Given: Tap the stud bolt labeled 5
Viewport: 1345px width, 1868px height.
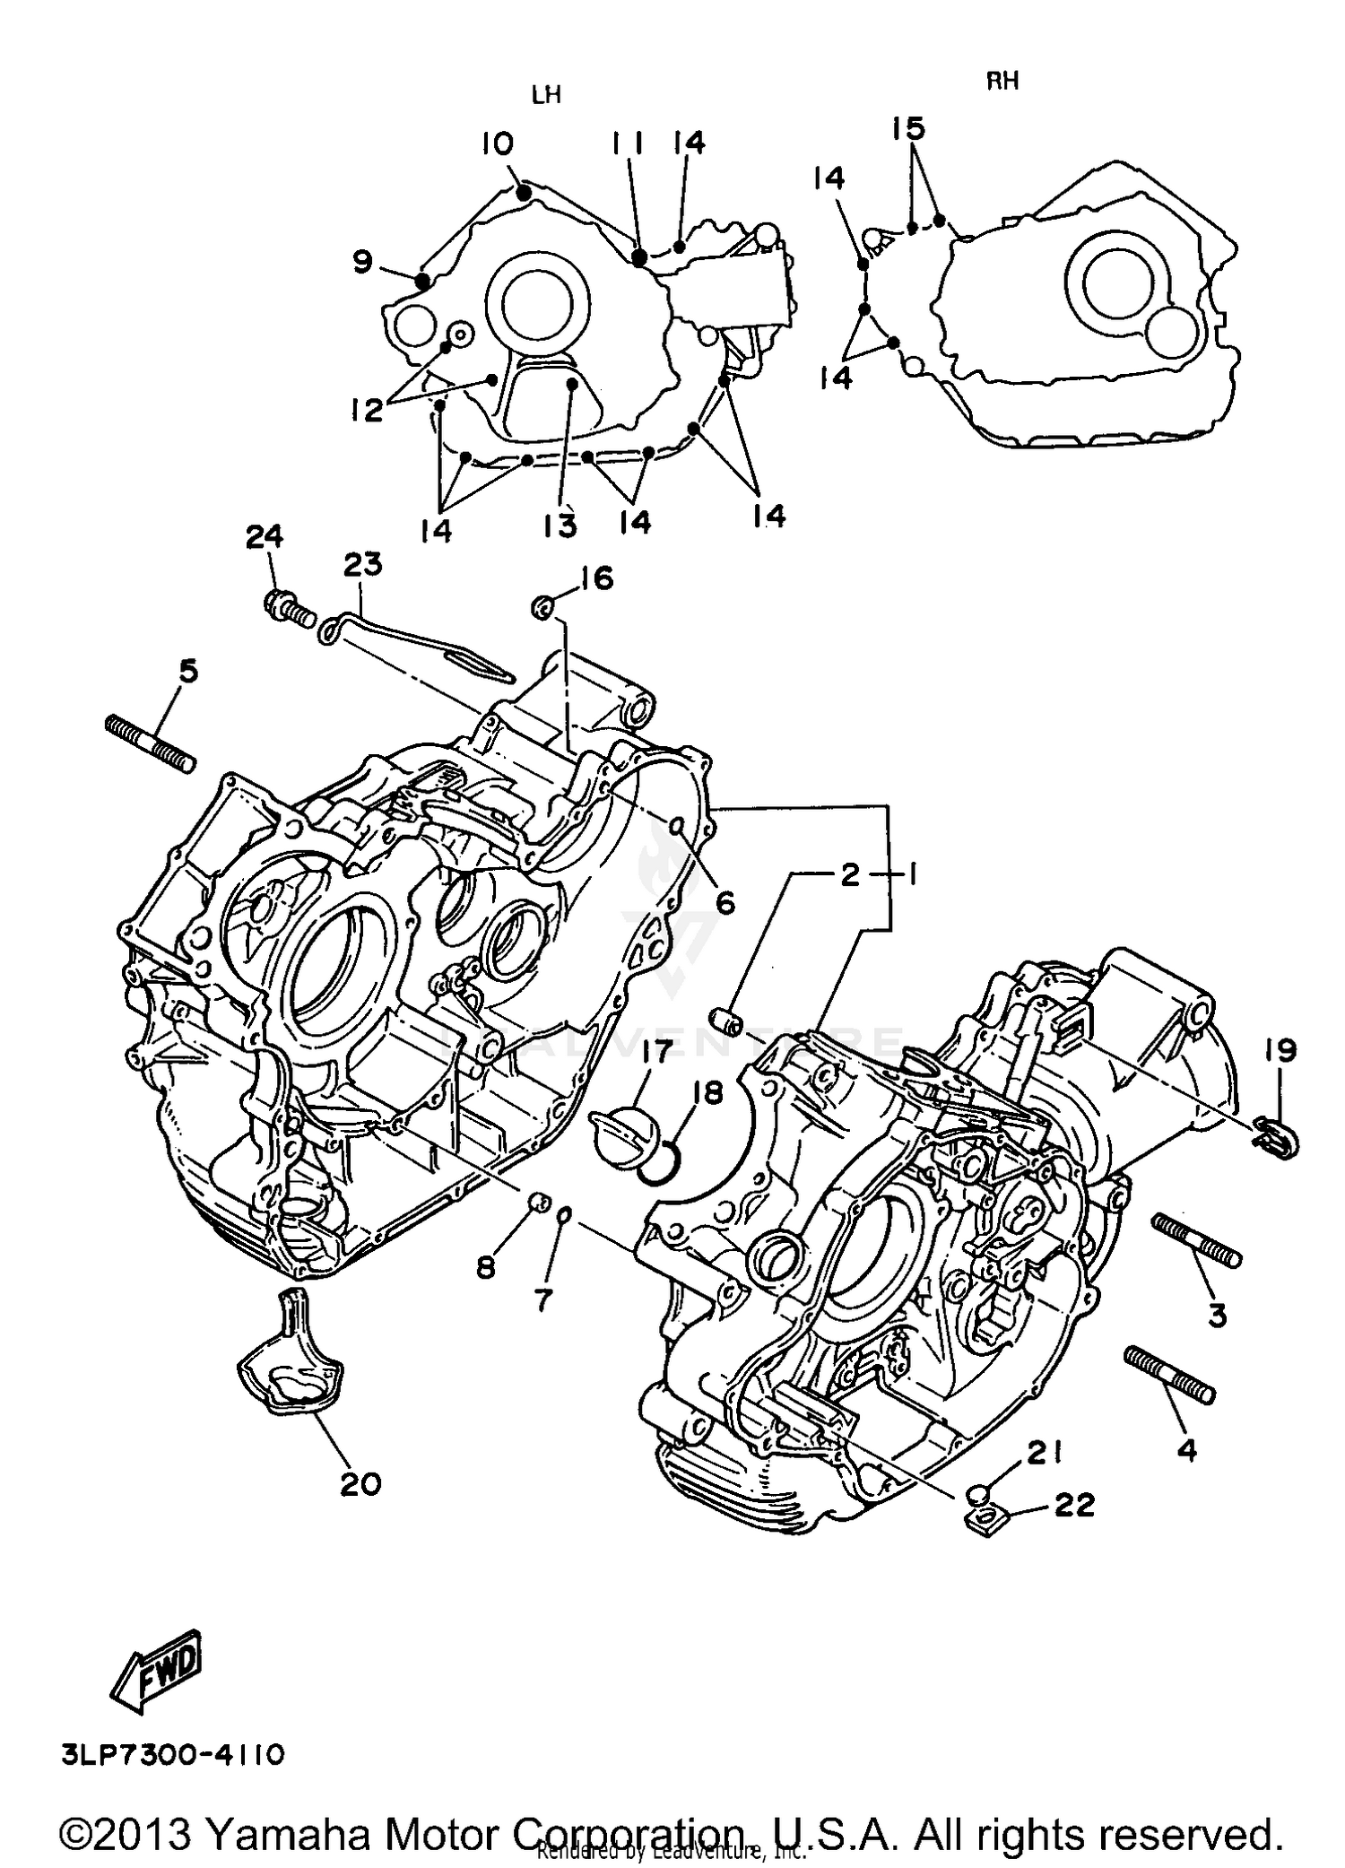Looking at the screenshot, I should tap(151, 743).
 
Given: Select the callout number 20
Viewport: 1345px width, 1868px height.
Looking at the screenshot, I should tap(360, 1484).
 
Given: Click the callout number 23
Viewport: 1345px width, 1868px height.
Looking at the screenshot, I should tap(362, 565).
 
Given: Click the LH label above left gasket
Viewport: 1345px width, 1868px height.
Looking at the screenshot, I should tap(546, 95).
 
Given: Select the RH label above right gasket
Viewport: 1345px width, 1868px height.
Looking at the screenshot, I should tap(1002, 81).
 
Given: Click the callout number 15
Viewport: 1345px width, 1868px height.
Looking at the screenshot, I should tap(908, 128).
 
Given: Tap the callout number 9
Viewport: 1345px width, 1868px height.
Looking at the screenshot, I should tap(361, 262).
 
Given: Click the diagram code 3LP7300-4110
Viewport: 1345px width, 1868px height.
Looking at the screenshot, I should tap(173, 1754).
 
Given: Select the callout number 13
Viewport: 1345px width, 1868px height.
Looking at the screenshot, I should tap(560, 526).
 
